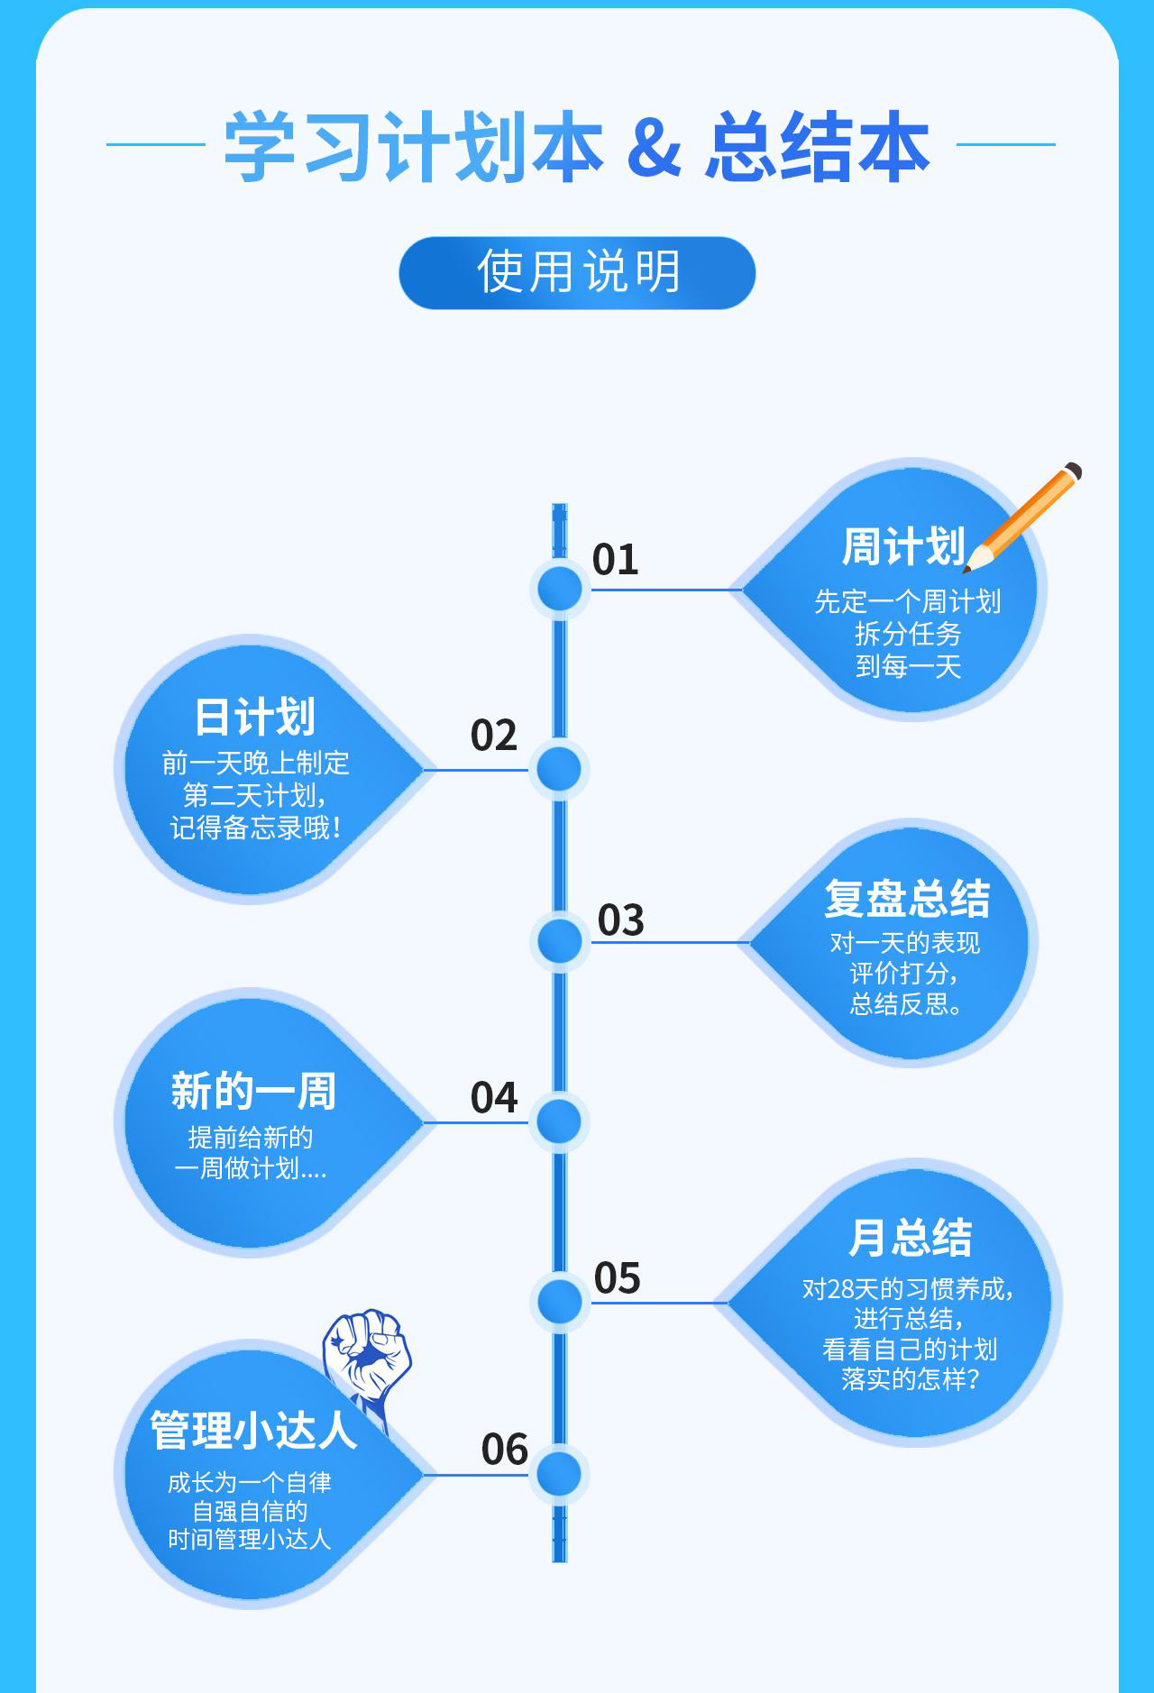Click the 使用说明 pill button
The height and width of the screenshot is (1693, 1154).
pos(577,272)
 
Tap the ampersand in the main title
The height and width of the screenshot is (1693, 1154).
pos(655,147)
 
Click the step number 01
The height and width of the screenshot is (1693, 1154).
pos(616,560)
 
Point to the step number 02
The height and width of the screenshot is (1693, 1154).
pos(494,736)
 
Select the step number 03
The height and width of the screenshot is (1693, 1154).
pos(621,920)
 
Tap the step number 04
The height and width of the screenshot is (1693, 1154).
pos(494,1098)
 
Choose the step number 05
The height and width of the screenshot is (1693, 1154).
pos(618,1278)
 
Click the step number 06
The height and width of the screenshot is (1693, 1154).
pos(505,1450)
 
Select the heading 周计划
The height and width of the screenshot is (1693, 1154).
pos(903,547)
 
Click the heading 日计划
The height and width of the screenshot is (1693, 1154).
pos(255,718)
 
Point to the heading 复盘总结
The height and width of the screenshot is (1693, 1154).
pos(907,899)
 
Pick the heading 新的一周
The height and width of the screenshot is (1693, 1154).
pos(253,1091)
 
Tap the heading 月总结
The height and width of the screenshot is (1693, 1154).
pos(911,1238)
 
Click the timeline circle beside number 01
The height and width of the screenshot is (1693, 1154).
pos(560,589)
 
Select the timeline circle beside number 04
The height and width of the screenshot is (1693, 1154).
pos(560,1122)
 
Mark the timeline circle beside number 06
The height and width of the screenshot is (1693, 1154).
pos(560,1475)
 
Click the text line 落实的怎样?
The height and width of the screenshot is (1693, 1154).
pos(910,1379)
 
